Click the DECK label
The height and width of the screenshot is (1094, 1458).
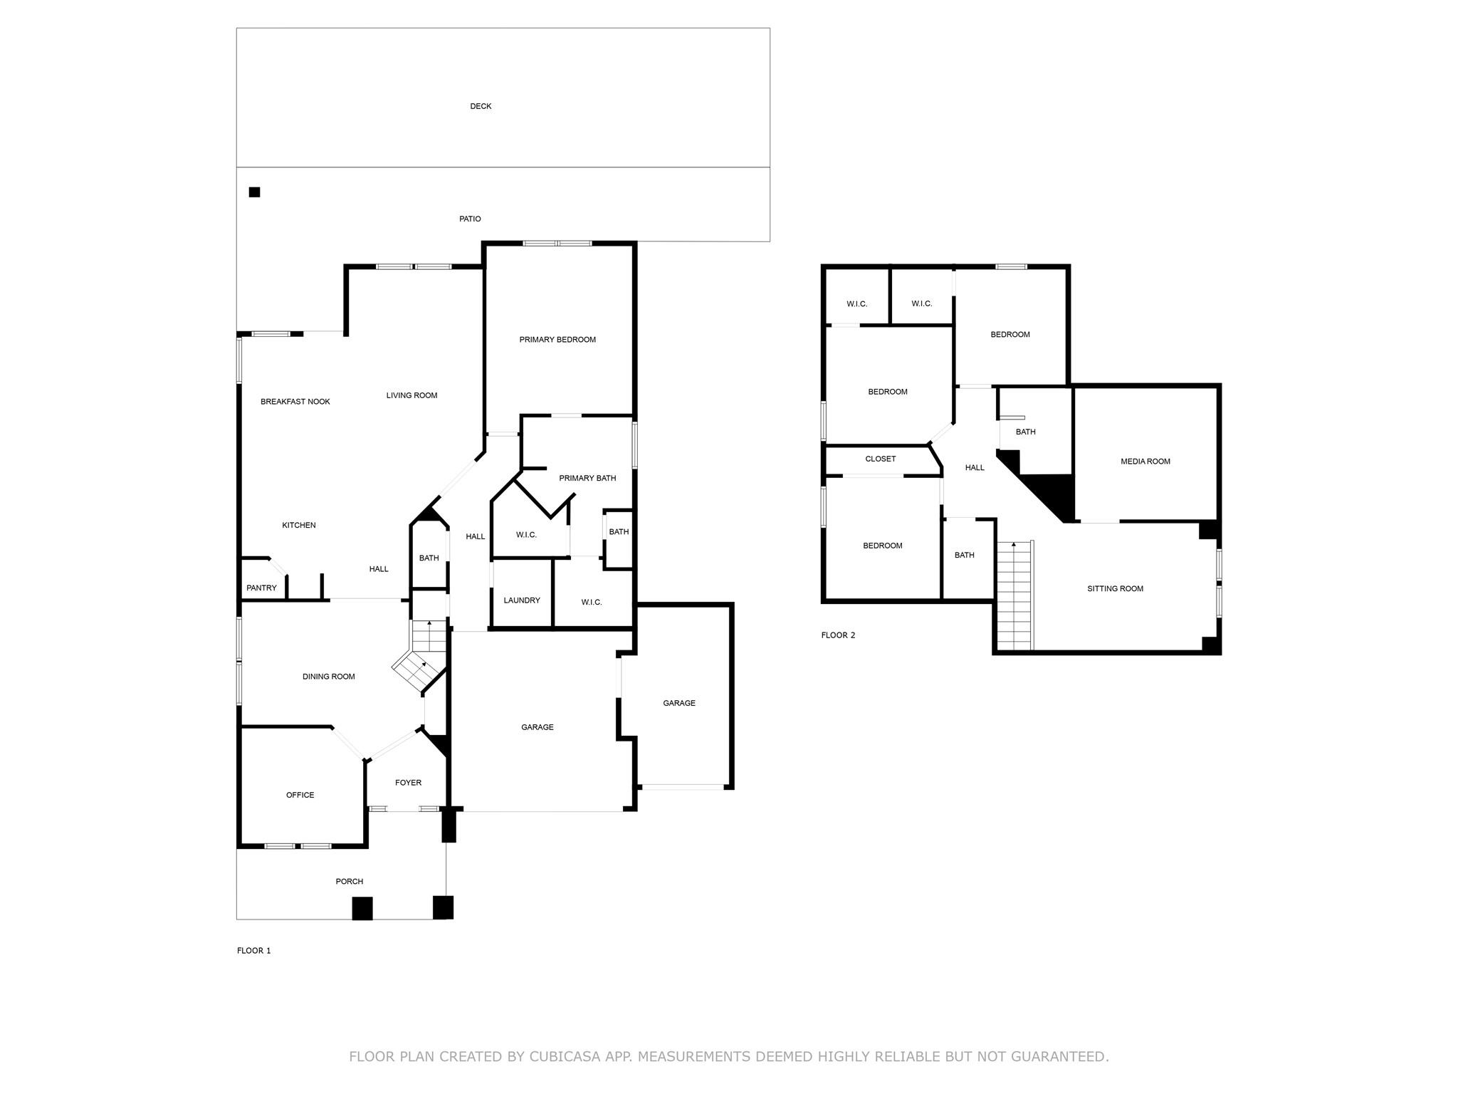[x=481, y=106]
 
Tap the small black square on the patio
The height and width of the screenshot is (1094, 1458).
[x=254, y=192]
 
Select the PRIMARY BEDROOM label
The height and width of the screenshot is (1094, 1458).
[x=557, y=340]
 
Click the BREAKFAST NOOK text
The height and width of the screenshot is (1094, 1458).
[x=295, y=402]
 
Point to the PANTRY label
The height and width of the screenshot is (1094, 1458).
[x=261, y=588]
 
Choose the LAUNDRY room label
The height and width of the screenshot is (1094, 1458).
[x=522, y=600]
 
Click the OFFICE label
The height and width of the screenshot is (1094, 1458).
[x=300, y=795]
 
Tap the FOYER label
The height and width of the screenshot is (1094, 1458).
[x=408, y=783]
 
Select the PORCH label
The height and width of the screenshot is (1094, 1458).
[x=350, y=882]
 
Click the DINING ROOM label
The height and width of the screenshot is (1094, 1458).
[x=328, y=677]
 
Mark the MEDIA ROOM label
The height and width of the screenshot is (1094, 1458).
[x=1145, y=462]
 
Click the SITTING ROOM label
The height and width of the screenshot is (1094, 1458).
[x=1115, y=589]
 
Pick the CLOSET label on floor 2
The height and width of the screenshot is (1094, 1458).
[x=881, y=459]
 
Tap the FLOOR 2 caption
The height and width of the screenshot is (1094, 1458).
[x=838, y=635]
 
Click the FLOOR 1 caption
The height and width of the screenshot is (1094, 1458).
[x=253, y=951]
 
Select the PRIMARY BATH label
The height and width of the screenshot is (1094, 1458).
[x=587, y=479]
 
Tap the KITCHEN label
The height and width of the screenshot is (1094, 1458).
[x=299, y=526]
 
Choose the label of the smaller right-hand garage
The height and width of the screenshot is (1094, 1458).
[x=678, y=703]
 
